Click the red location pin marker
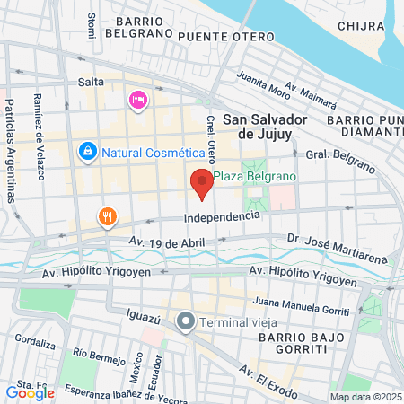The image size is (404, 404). [x=202, y=183]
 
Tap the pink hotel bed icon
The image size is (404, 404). [x=137, y=99]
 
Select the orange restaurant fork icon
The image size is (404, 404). [x=107, y=216]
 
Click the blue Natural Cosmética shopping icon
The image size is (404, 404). [x=87, y=152]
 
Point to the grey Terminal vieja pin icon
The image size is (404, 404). [x=186, y=321]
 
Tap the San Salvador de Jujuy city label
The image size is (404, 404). [x=265, y=126]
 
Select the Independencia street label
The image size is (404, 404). [x=222, y=216]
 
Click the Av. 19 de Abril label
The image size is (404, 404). [x=166, y=242]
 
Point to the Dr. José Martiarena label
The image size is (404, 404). [x=324, y=239]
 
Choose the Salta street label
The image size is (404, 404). [x=92, y=82]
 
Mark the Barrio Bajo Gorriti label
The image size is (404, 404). [x=294, y=342]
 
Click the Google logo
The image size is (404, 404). [x=30, y=392]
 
